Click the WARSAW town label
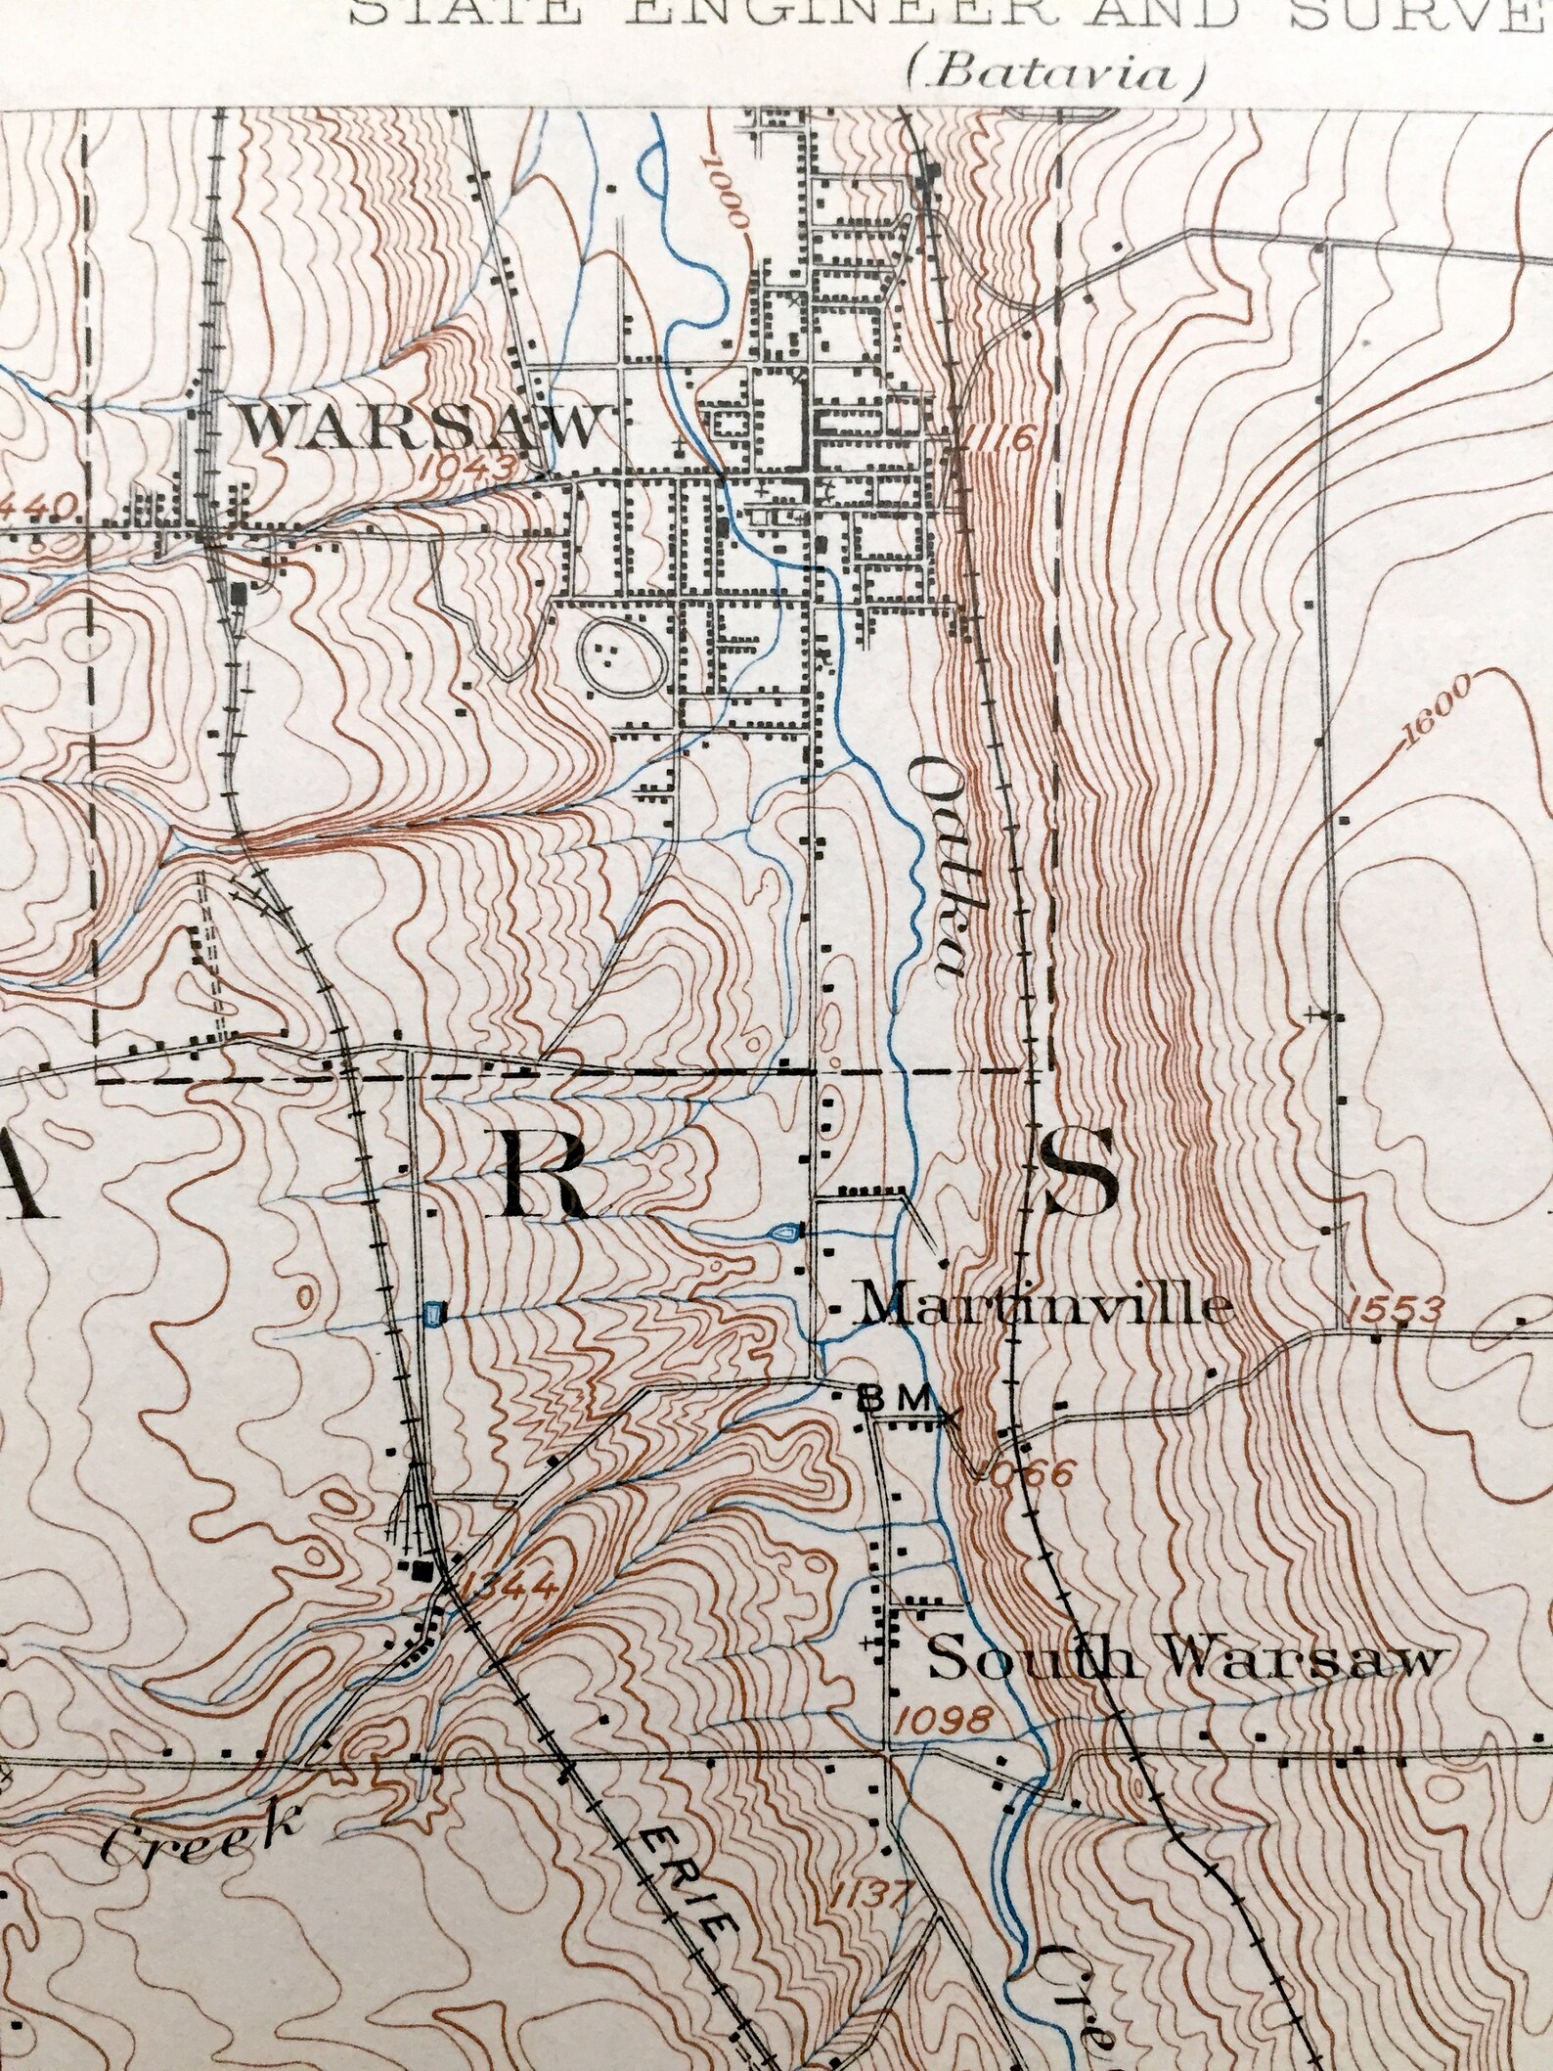(420, 428)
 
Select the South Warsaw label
(1184, 1660)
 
